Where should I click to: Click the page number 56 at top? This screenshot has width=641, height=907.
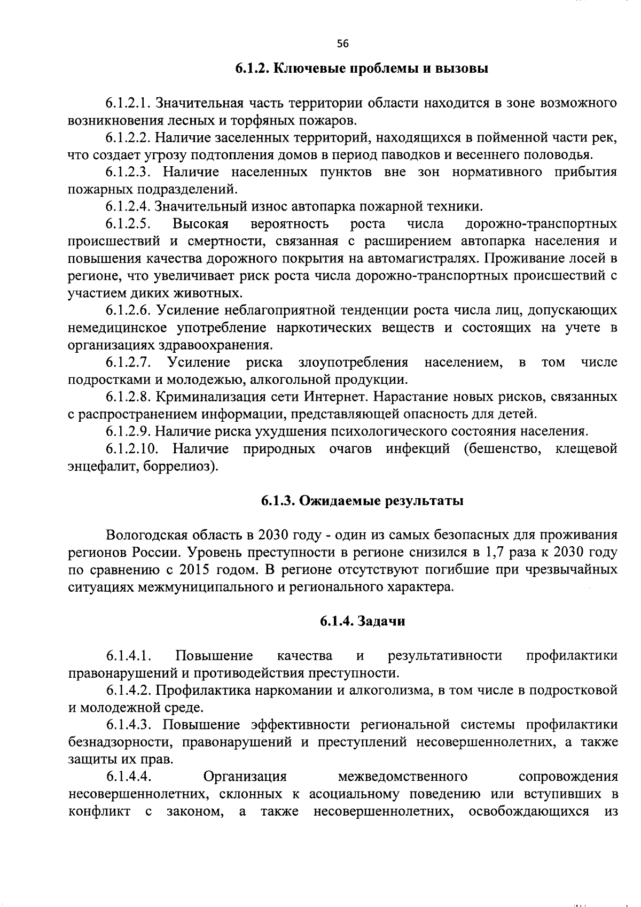click(342, 44)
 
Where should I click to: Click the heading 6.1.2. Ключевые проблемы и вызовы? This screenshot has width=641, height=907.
click(362, 69)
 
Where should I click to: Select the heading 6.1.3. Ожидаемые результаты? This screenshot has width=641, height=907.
click(362, 501)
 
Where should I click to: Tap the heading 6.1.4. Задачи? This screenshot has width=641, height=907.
click(362, 621)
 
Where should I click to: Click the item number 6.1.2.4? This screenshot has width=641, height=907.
click(129, 206)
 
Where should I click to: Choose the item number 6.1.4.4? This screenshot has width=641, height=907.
click(129, 777)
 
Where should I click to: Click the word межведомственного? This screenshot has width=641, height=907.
click(403, 777)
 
